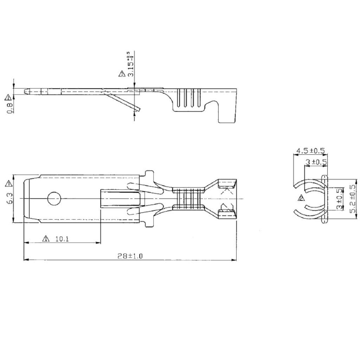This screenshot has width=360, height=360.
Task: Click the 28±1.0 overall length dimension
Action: pos(130,256)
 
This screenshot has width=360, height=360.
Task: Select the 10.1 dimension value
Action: pos(62,239)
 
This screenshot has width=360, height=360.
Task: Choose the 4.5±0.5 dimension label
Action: pos(310,151)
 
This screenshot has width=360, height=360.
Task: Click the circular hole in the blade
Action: pos(54,199)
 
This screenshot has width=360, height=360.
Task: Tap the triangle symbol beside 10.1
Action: pos(45,239)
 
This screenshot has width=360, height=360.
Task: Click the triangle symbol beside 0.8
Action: pos(8,97)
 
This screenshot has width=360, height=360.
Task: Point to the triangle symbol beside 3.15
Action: pos(122,74)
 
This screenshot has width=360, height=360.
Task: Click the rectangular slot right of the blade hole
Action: pos(121,199)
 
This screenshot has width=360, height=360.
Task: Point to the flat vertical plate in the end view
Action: pos(324,199)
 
